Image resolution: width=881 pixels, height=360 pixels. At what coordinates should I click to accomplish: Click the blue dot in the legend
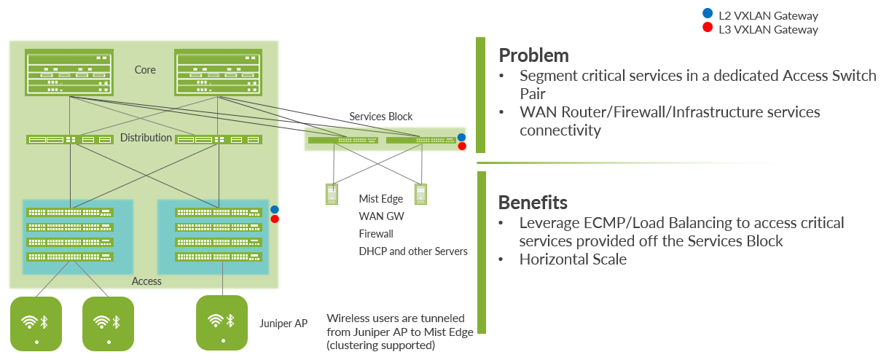[x=705, y=15]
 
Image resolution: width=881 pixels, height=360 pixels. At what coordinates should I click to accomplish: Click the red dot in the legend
[x=705, y=28]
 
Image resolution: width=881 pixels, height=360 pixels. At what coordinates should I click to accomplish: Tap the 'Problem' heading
[x=533, y=55]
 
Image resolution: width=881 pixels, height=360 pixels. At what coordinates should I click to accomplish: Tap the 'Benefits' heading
[x=533, y=202]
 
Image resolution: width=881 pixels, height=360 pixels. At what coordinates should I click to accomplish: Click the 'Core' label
[x=145, y=70]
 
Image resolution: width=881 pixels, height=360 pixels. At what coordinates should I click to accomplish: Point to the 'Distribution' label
[x=146, y=138]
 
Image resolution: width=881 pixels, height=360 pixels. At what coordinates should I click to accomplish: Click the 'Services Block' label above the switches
[x=380, y=117]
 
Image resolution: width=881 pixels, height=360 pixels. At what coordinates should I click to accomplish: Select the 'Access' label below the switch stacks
[x=146, y=281]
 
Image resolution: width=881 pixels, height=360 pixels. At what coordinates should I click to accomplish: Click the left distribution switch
[x=70, y=139]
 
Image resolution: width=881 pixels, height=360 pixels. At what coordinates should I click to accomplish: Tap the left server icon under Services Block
[x=332, y=194]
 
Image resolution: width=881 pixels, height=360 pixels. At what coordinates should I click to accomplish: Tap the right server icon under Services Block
[x=420, y=194]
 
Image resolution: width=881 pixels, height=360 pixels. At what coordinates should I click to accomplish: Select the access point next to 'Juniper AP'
[x=222, y=322]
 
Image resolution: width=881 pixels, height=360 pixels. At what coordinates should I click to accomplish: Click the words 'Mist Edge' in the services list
[x=381, y=199]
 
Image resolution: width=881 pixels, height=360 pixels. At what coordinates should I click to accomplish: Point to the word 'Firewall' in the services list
[x=376, y=234]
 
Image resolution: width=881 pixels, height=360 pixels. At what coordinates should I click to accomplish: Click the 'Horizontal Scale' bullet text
[x=573, y=259]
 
